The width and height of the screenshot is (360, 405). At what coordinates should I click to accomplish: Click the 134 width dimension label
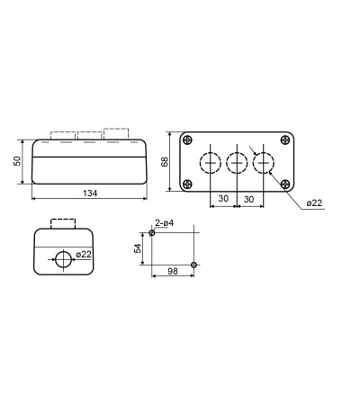[x=90, y=193]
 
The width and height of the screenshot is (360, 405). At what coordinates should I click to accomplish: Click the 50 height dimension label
[x=18, y=161]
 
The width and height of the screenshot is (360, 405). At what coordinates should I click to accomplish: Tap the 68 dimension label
[x=165, y=161]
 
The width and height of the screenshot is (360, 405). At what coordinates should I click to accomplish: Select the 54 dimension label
[x=138, y=248]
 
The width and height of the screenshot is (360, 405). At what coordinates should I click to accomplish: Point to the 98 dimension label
[x=173, y=272]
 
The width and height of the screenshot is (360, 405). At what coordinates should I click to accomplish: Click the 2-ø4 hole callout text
[x=165, y=223]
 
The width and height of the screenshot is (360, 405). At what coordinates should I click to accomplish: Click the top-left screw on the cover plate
[x=187, y=139]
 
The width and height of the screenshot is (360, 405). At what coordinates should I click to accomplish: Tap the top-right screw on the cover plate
[x=285, y=139]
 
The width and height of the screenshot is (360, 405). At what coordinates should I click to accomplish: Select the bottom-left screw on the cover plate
[x=187, y=184]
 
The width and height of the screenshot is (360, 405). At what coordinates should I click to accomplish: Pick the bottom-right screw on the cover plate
[x=285, y=184]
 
